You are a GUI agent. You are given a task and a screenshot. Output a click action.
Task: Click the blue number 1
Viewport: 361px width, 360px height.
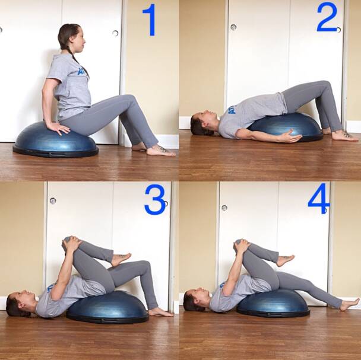[x=149, y=20]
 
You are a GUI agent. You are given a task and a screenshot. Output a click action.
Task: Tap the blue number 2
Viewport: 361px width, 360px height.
[x=327, y=17]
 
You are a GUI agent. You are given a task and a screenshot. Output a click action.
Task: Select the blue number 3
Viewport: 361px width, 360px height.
[x=155, y=200]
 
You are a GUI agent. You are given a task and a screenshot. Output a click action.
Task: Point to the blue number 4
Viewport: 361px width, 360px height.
[x=318, y=199]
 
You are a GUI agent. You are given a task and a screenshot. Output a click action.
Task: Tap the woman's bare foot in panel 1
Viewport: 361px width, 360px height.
[x=160, y=151]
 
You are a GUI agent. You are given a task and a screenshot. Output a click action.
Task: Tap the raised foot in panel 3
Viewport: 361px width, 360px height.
[x=121, y=259]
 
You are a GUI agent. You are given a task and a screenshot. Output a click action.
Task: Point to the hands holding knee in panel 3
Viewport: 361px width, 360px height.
[x=70, y=243]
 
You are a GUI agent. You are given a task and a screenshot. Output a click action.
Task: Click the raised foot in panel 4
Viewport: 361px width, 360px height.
[x=284, y=260]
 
